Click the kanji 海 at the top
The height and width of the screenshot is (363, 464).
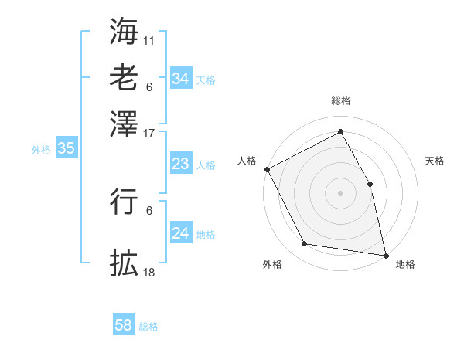124,32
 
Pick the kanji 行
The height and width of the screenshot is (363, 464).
124,200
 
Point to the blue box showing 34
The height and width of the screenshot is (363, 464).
180,79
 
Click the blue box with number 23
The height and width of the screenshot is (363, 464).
180,164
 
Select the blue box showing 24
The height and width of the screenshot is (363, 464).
180,233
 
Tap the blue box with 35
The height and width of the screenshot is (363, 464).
66,149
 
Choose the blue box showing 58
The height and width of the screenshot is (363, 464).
124,325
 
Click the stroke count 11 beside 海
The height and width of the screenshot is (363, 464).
149,39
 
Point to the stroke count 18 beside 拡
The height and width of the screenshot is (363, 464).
149,272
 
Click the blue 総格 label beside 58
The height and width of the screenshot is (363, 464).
148,327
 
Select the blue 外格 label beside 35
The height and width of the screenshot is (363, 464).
41,150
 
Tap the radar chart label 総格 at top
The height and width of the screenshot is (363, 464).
340,100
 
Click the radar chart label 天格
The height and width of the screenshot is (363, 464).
435,161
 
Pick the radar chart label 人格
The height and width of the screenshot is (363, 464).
247,161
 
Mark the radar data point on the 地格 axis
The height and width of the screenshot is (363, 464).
385,254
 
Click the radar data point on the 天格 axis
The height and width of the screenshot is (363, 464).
370,184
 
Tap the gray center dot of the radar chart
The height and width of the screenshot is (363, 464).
340,193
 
